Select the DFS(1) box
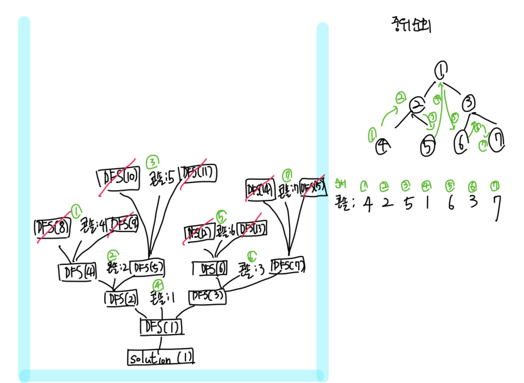point(161,327)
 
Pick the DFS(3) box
point(208,297)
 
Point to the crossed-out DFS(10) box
point(118,178)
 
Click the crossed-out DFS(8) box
point(52,228)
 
